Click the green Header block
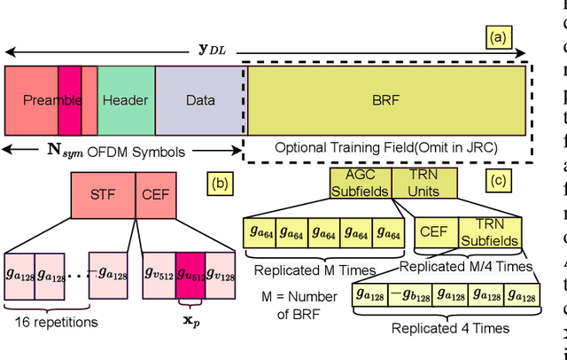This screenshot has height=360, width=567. (126, 99)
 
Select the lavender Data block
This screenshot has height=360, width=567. (200, 99)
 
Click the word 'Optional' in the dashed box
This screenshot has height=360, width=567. (301, 147)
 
